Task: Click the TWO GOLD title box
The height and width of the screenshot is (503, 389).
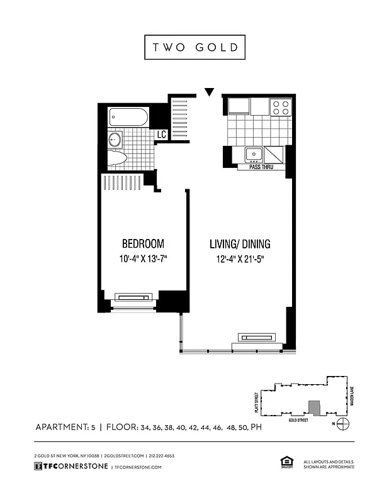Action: point(194,48)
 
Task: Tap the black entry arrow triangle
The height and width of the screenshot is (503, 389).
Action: point(210,93)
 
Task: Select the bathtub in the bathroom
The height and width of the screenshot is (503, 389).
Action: point(128,116)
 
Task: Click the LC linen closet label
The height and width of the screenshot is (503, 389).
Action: point(161,135)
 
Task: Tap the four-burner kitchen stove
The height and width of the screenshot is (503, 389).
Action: point(281,108)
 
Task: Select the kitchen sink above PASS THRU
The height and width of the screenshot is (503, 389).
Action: point(254,153)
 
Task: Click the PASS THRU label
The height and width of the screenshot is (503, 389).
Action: point(261,167)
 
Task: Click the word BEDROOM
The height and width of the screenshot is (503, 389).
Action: point(143,243)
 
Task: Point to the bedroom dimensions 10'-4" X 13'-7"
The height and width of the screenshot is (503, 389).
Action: point(143,258)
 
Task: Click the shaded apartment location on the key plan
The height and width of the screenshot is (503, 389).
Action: point(313,407)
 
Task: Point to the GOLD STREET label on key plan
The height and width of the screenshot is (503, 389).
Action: point(299,419)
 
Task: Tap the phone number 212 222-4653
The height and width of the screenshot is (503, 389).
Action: point(161,456)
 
